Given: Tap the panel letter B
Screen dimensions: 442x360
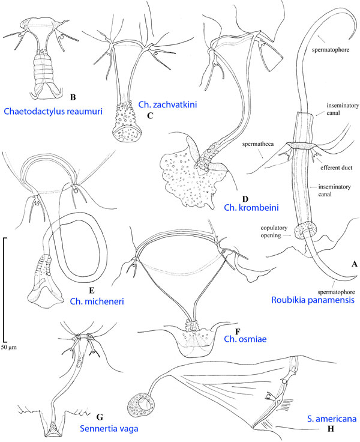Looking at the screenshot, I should (x=73, y=96).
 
